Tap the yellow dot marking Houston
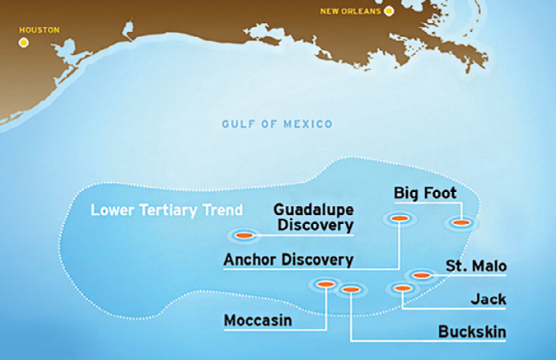click(x=24, y=41)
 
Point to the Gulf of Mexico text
click(x=277, y=124)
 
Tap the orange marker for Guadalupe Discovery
click(x=244, y=236)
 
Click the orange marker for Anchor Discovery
click(x=399, y=218)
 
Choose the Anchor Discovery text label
click(x=288, y=259)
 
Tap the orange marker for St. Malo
click(x=421, y=274)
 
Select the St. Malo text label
click(x=475, y=266)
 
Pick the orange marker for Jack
click(x=402, y=288)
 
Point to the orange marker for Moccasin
click(x=325, y=284)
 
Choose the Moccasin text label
click(x=258, y=320)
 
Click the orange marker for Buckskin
click(x=351, y=289)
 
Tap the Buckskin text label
click(x=472, y=332)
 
